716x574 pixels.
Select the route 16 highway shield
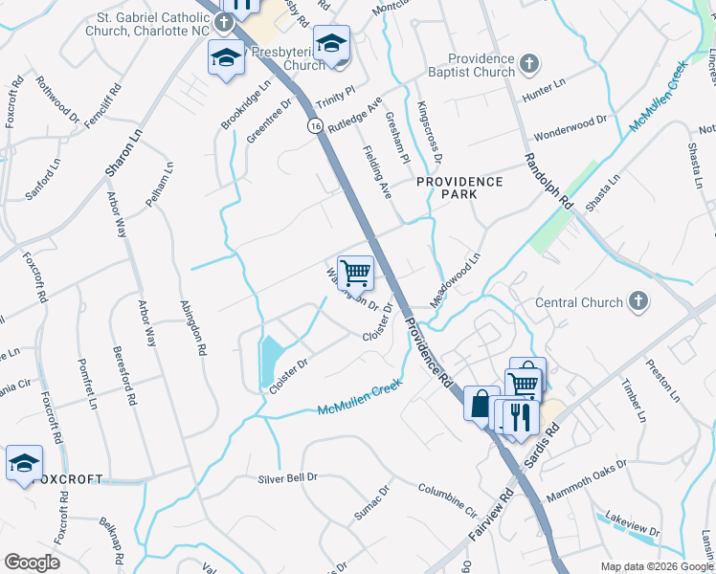(x=314, y=125)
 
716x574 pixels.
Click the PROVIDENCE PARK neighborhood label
(x=459, y=188)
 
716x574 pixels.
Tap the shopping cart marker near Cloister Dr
(x=355, y=273)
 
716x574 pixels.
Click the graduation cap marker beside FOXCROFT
(x=24, y=463)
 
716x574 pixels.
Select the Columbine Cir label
(x=447, y=498)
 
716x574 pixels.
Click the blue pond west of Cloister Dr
(x=270, y=360)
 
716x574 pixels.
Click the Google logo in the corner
(x=33, y=562)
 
